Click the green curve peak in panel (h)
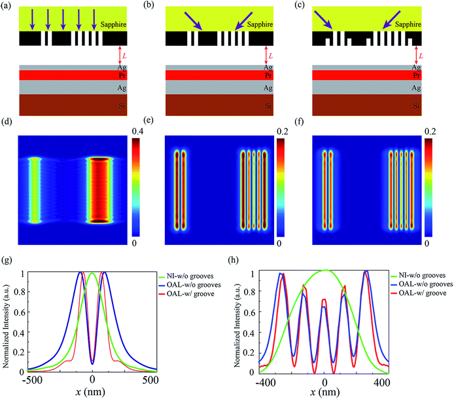click(x=324, y=270)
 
